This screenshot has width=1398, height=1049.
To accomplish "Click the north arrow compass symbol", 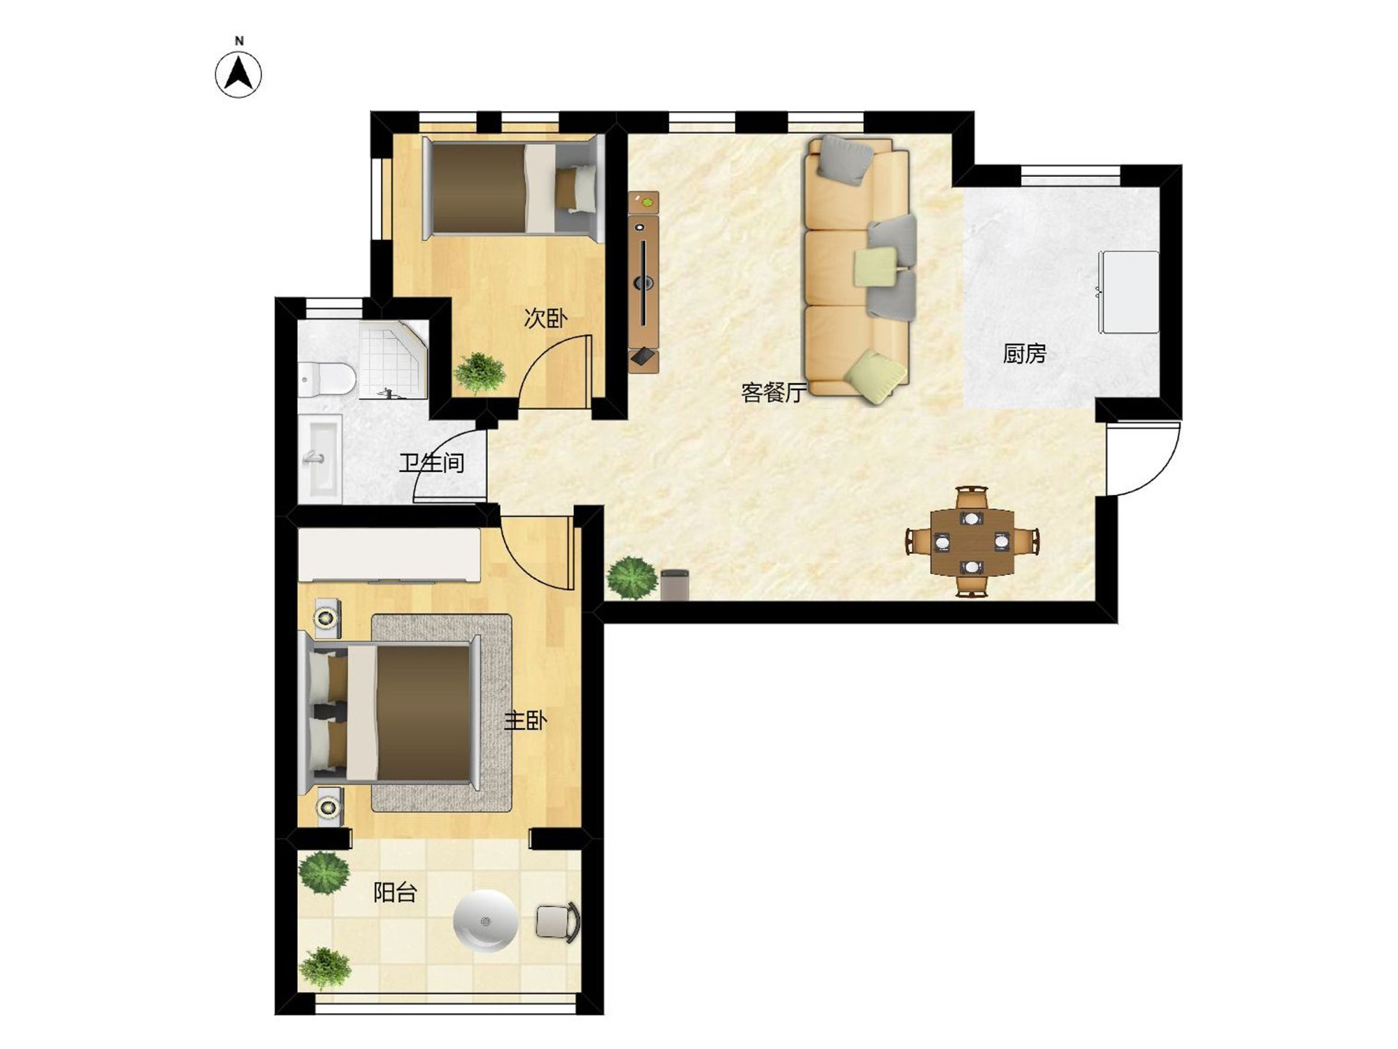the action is tap(238, 73).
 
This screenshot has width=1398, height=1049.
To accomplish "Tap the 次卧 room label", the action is tap(545, 318).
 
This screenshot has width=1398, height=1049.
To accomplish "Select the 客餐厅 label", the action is tap(774, 392).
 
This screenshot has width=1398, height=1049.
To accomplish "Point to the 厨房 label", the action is tap(1024, 353).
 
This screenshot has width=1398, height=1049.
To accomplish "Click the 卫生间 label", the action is tap(431, 462).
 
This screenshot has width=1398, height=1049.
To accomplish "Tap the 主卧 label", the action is tap(525, 720).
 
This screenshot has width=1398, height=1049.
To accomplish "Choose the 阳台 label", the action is tap(395, 892).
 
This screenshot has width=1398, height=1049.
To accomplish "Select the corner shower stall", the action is tap(394, 360).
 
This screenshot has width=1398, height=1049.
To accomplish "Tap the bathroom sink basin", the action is tap(319, 457).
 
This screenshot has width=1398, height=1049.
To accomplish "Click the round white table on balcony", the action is tap(485, 921).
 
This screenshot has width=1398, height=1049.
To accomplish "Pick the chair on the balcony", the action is tap(558, 921).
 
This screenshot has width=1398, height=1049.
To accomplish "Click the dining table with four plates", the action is tap(972, 542).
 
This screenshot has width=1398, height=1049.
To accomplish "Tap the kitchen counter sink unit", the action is tap(1128, 292).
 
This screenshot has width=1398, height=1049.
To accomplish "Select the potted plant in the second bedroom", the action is tap(479, 373).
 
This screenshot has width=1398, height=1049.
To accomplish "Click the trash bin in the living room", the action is tap(675, 585).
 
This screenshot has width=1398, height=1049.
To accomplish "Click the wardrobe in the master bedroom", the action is tap(389, 555).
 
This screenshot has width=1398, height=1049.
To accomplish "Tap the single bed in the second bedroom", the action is tap(513, 188).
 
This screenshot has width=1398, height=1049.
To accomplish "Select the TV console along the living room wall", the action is tap(643, 283).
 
